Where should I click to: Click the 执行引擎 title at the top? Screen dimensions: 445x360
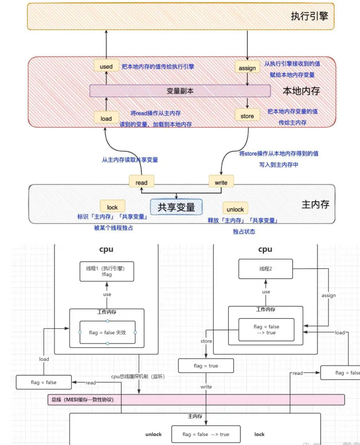pos(309,16)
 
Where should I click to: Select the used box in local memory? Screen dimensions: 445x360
pos(106,67)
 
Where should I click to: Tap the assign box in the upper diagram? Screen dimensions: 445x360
pos(247,68)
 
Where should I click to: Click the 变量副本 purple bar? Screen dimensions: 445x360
pos(180,91)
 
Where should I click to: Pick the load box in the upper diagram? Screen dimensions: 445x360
pos(106,118)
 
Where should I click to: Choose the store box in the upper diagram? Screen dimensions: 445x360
pos(247,116)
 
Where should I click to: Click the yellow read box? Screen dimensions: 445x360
pos(141,182)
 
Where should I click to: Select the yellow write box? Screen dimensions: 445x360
pos(221,182)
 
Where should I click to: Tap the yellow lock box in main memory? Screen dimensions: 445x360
pos(112,207)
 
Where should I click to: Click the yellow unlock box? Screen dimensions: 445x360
pos(235,209)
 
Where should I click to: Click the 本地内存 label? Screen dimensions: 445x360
pos(301,91)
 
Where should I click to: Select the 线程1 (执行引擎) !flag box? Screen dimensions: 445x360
pos(107,272)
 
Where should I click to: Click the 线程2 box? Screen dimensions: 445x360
pos(266,269)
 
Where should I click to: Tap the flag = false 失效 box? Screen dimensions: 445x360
pos(107,332)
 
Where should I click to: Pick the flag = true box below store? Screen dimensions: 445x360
pos(206,366)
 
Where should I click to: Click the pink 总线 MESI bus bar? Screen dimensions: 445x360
pos(196,399)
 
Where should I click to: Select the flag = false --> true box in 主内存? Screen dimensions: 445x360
pos(206,434)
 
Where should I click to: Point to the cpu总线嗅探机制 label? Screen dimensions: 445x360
pos(138,376)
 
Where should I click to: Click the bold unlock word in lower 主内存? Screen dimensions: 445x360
pos(154,434)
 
